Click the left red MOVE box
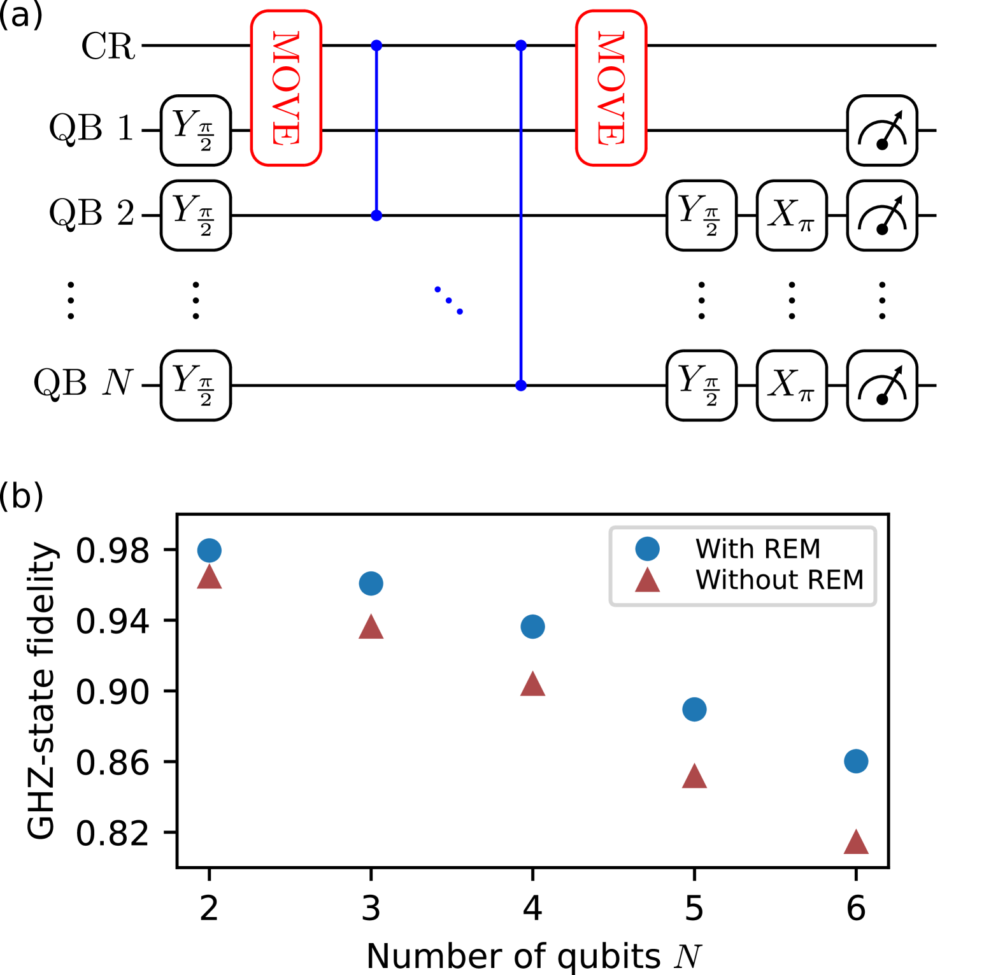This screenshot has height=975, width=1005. pyautogui.click(x=286, y=88)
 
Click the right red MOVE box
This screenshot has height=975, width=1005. pyautogui.click(x=611, y=88)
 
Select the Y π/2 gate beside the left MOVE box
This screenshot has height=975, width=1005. pyautogui.click(x=196, y=131)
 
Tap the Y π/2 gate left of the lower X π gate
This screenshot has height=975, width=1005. pyautogui.click(x=701, y=385)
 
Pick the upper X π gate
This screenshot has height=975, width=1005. pyautogui.click(x=792, y=215)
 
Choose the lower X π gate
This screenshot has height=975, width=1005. pyautogui.click(x=792, y=385)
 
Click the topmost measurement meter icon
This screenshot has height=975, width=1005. pyautogui.click(x=882, y=131)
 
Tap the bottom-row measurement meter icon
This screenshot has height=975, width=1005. pyautogui.click(x=882, y=385)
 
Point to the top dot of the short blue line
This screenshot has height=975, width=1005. pyautogui.click(x=376, y=45)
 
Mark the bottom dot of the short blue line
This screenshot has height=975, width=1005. pyautogui.click(x=376, y=216)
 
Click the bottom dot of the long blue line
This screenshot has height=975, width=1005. pyautogui.click(x=521, y=385)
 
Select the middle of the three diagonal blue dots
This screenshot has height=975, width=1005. pyautogui.click(x=449, y=301)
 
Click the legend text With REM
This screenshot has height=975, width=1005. pyautogui.click(x=758, y=549)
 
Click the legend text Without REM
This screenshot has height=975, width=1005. pyautogui.click(x=780, y=580)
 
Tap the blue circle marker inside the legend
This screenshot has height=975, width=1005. pyautogui.click(x=647, y=549)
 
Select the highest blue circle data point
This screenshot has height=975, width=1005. pyautogui.click(x=210, y=550)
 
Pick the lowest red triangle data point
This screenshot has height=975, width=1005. pyautogui.click(x=856, y=843)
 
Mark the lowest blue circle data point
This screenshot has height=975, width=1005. pyautogui.click(x=856, y=761)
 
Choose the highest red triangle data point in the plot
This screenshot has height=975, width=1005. pyautogui.click(x=210, y=578)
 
